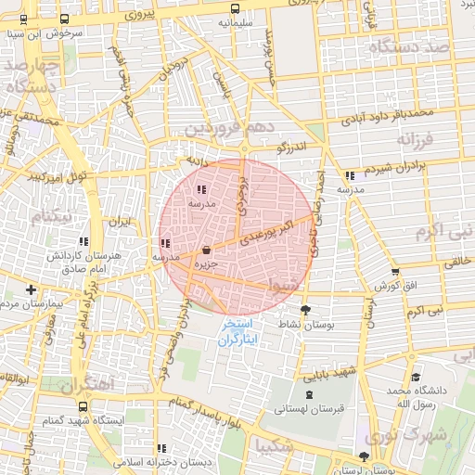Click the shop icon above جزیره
[205, 250]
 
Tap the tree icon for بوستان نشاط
[305, 311]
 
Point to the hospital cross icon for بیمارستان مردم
[32, 289]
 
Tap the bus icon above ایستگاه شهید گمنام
[84, 405]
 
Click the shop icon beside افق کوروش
[395, 273]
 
